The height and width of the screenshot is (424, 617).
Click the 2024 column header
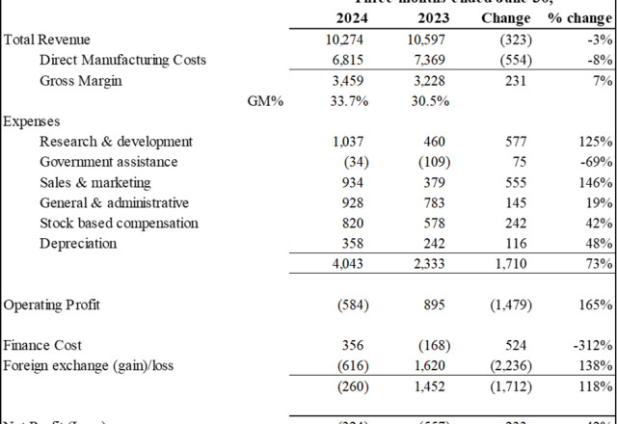click(351, 18)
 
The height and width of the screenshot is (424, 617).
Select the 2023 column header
click(424, 18)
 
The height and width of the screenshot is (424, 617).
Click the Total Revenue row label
click(47, 40)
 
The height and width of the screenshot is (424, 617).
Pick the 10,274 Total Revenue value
click(349, 40)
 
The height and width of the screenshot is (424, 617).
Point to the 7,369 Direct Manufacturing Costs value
click(425, 60)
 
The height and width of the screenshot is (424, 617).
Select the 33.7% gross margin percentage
click(349, 100)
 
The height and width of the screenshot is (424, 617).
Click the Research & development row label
click(117, 142)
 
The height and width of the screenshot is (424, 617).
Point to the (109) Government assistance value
click(425, 162)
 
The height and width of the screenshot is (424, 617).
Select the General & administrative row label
click(114, 202)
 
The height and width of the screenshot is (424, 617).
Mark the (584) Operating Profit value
click(350, 305)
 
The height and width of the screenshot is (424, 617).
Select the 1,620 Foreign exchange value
click(426, 365)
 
